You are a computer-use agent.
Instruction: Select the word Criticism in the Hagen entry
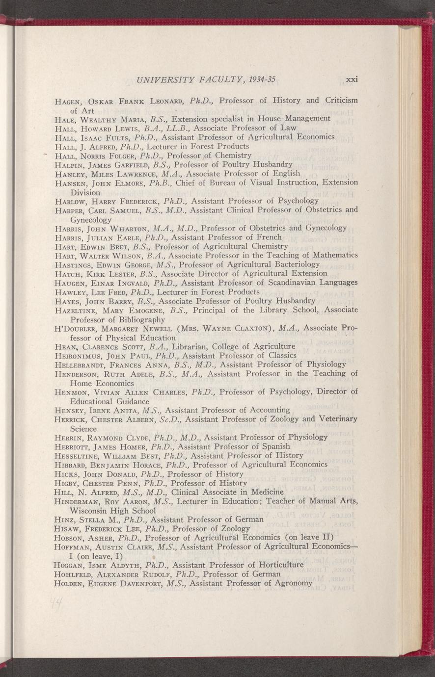point(341,101)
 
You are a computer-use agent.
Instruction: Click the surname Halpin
point(67,165)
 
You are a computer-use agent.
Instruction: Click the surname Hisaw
point(66,528)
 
